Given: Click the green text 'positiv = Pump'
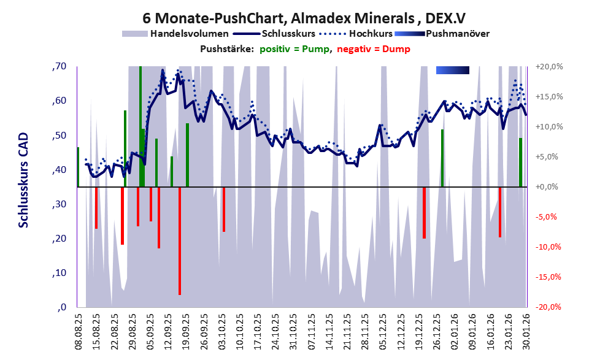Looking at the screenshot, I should [294, 49].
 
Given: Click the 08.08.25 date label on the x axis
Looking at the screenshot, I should [79, 331].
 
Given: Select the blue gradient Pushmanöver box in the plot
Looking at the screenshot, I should [452, 71].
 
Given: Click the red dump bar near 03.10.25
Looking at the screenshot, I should [224, 209].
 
